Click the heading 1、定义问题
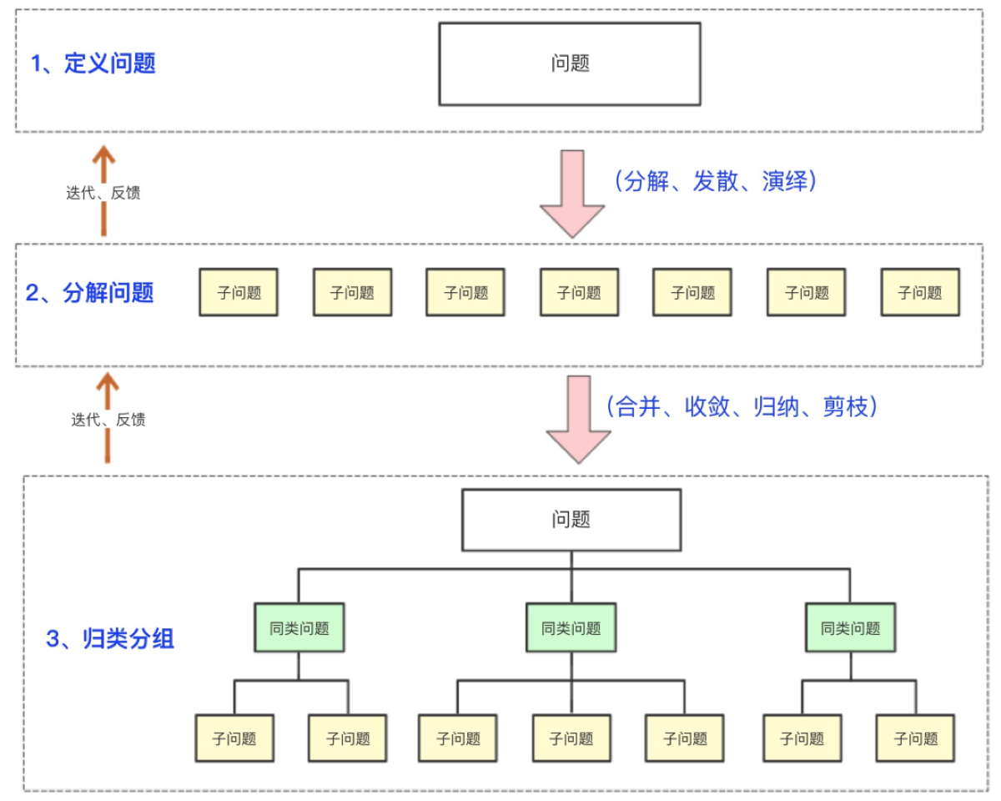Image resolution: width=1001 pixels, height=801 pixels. coord(93,63)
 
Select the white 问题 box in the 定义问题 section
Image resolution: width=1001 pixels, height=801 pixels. coord(570,64)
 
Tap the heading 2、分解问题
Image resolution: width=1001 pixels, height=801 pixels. coord(90,293)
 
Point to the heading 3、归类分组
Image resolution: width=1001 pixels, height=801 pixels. coord(110,640)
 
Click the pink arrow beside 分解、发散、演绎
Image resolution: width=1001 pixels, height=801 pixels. coord(571,194)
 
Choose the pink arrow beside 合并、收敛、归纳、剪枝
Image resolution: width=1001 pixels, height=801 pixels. coord(578,419)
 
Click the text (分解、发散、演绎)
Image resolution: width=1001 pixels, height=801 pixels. coord(713,181)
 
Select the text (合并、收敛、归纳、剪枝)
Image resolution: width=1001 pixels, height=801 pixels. coord(742,406)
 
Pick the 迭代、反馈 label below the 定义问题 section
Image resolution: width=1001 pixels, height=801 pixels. coord(103,194)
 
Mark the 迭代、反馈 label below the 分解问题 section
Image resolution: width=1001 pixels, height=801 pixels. coord(108,421)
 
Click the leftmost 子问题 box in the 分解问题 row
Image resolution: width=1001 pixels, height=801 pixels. coord(239,292)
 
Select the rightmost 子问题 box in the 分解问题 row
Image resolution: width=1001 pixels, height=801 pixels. coord(920,292)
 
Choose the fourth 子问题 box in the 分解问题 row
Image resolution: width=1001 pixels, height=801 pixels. coord(579,292)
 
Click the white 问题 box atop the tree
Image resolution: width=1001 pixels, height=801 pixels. coord(571,520)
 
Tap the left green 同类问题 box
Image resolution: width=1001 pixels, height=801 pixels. coord(299,628)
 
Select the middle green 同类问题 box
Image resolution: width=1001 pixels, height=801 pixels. coord(571,628)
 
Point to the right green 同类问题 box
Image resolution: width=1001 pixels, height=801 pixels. coord(850,628)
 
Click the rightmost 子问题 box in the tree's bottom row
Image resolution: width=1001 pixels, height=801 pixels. coord(915,738)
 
